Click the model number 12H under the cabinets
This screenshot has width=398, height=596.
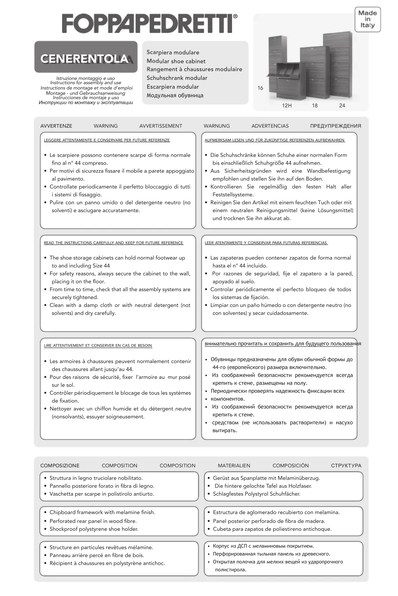click(287, 106)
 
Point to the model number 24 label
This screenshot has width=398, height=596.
click(342, 106)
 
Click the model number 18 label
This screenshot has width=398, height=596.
click(315, 106)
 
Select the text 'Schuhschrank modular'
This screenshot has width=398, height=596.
click(177, 78)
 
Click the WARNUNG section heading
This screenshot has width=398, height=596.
click(216, 126)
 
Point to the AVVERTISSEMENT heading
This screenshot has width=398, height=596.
click(161, 126)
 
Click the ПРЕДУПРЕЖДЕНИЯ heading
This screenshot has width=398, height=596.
click(336, 126)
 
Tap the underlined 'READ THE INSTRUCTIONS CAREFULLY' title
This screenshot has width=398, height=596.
click(113, 243)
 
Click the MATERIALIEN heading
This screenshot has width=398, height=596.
click(234, 466)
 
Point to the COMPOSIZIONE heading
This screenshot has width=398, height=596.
click(60, 466)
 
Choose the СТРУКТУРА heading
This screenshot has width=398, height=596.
click(346, 466)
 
